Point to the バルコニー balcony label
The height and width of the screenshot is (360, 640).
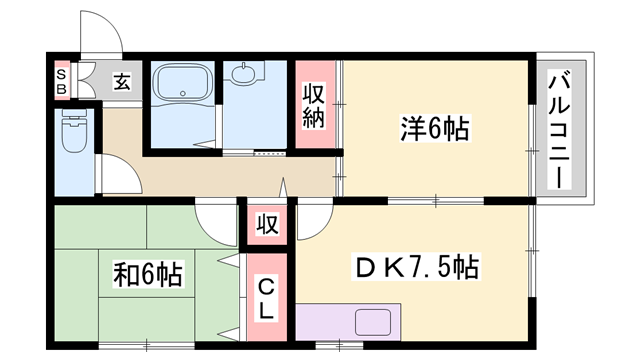pyautogui.click(x=559, y=131)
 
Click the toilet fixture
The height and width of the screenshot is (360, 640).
pyautogui.click(x=73, y=134)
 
